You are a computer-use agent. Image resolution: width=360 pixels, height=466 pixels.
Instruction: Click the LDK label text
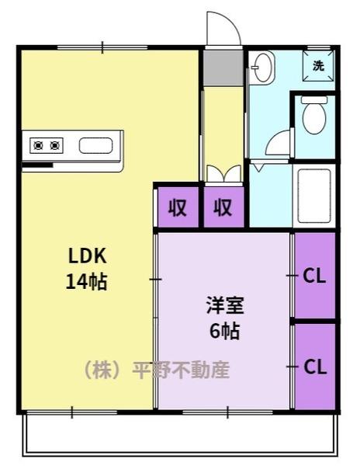[87, 256]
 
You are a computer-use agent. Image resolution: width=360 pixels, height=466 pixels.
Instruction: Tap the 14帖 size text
[86, 281]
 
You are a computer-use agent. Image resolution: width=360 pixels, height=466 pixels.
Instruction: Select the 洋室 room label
[225, 305]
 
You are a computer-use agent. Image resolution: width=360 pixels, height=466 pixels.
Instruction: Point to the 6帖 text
[225, 331]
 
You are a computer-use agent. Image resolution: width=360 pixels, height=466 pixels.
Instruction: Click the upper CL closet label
[314, 276]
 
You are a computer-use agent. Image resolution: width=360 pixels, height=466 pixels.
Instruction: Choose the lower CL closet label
[315, 367]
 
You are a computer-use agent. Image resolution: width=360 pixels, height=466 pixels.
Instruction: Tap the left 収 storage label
[178, 207]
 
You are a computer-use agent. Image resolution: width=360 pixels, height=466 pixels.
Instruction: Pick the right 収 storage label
[223, 207]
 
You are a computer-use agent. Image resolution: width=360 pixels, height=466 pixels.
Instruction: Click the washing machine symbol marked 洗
[318, 66]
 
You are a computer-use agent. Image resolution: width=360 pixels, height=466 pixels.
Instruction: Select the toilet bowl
[314, 115]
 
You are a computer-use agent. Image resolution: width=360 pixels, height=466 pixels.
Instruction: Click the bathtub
[314, 196]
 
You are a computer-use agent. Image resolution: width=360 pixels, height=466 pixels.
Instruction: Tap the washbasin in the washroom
[261, 68]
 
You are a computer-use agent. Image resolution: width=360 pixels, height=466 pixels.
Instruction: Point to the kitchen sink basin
[95, 146]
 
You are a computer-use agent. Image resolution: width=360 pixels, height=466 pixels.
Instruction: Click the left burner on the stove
[38, 146]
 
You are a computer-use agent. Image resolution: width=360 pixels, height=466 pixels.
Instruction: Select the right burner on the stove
[54, 146]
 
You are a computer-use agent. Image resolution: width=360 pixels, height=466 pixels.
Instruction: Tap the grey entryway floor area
[223, 68]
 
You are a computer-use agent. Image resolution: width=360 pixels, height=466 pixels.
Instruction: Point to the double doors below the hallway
[223, 174]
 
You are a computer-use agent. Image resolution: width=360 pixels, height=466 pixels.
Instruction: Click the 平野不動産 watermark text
[181, 370]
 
